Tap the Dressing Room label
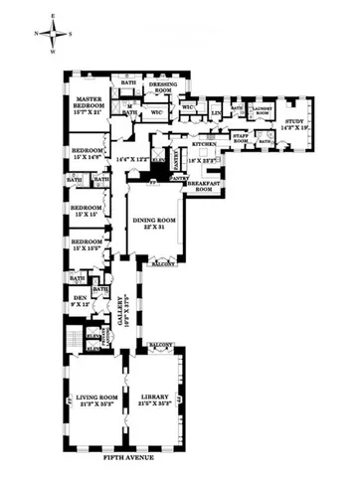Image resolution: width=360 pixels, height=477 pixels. (x=162, y=88)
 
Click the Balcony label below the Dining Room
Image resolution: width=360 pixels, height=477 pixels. (x=161, y=264)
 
